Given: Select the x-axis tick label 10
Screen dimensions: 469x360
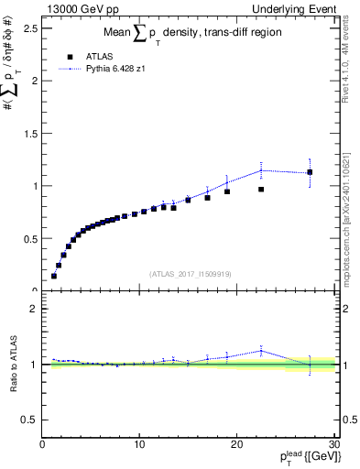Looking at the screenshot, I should tap(139, 446).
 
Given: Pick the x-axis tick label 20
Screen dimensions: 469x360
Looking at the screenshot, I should tap(236, 446).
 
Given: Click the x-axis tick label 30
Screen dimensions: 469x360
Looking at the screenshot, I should tap(334, 446).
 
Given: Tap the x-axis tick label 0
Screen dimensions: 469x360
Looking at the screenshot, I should tap(42, 446).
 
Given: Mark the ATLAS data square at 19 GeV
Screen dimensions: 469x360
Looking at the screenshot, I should tap(227, 191).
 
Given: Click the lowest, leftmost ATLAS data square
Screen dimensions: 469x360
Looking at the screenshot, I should tap(54, 276).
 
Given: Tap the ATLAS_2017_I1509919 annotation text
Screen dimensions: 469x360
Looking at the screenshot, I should tap(189, 274).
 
